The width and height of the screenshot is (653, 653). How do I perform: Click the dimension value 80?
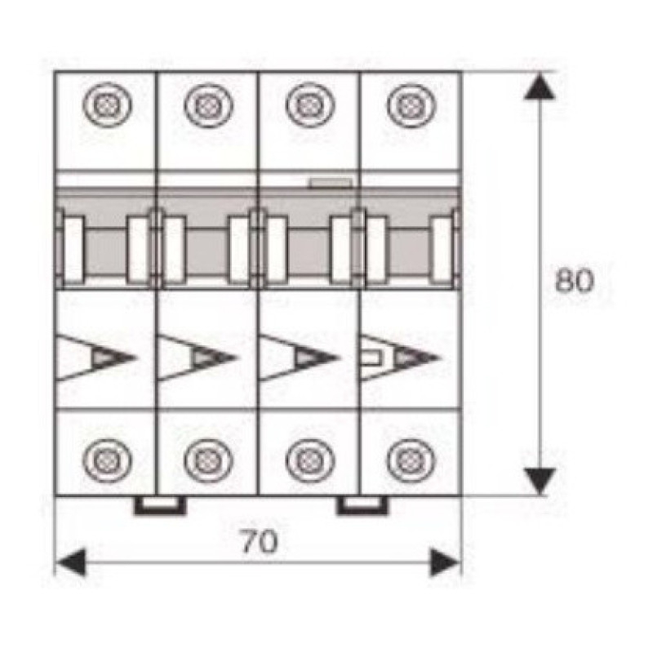(x=574, y=280)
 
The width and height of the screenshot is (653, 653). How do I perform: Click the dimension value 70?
(x=259, y=541)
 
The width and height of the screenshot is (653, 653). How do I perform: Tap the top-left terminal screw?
(x=108, y=104)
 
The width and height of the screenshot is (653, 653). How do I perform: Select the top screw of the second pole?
(x=208, y=104)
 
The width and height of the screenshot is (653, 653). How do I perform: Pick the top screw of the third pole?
(x=310, y=104)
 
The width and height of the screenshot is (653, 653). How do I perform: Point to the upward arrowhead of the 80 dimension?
(x=540, y=87)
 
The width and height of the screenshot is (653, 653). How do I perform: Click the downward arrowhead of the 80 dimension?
(x=540, y=482)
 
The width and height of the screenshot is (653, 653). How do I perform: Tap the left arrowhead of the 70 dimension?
(x=71, y=562)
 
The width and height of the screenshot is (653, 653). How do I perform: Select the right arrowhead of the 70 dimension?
(x=444, y=562)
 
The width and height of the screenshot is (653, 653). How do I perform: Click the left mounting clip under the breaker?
(x=160, y=505)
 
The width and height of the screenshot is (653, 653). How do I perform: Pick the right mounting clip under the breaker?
(x=362, y=505)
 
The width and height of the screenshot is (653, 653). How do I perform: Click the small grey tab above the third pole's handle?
(x=331, y=183)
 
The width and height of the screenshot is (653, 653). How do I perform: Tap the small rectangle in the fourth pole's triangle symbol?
(x=371, y=358)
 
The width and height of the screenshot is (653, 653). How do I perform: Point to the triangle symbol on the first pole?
(x=96, y=358)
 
